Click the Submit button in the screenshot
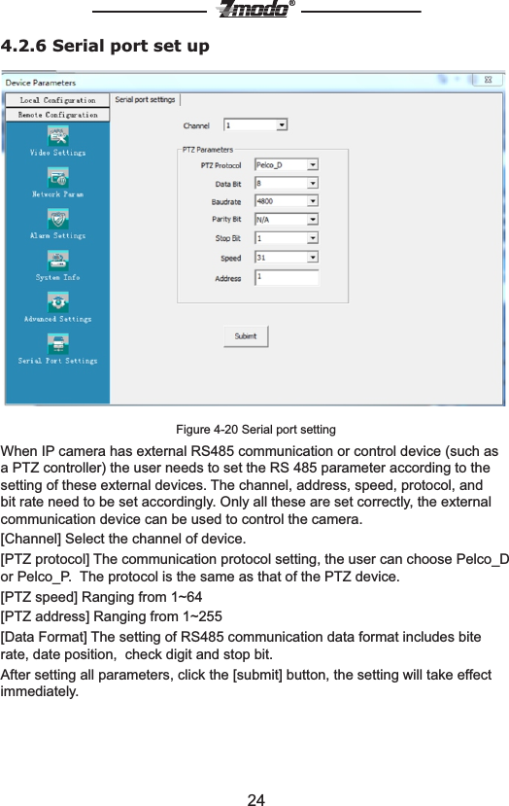click(246, 336)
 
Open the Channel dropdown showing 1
click(255, 125)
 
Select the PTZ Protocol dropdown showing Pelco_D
click(287, 165)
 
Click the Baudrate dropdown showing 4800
click(287, 201)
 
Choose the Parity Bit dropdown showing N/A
click(287, 220)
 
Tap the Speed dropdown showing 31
click(287, 258)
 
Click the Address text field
click(287, 277)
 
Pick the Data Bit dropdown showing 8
click(287, 183)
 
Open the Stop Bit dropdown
click(287, 238)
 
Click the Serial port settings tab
click(146, 99)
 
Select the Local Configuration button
click(57, 100)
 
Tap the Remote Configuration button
click(57, 115)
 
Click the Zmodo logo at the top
click(254, 10)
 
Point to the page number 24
click(255, 800)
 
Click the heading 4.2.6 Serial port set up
click(105, 46)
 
